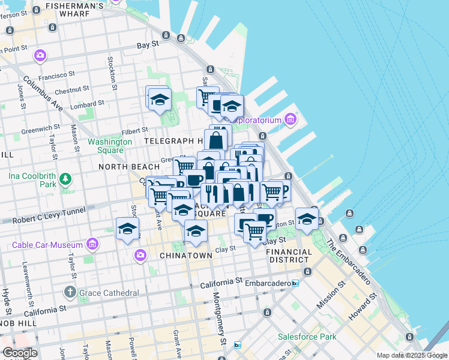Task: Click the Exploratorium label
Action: click(256, 120)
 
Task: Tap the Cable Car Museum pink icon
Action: click(92, 244)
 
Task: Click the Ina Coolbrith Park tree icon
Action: click(65, 179)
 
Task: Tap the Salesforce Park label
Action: click(307, 337)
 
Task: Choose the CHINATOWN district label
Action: click(186, 256)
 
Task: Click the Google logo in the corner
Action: click(20, 353)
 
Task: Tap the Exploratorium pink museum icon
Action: click(291, 119)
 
